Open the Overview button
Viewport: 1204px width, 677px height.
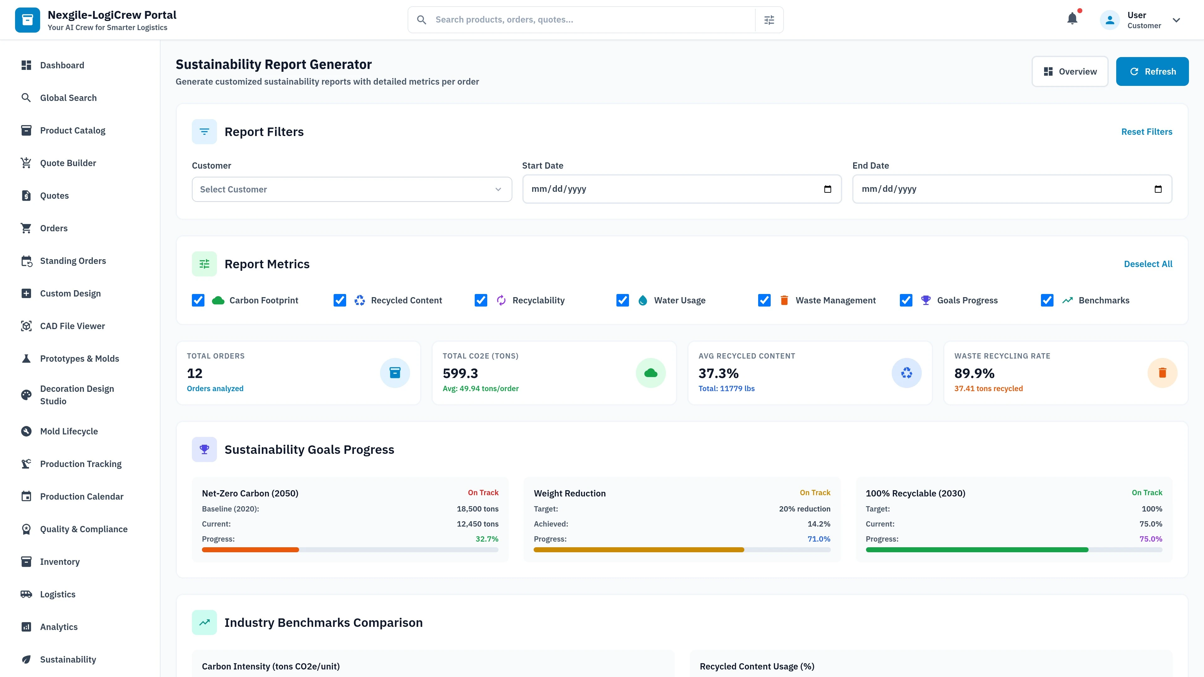(x=1069, y=71)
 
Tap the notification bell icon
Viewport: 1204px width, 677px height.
(x=1072, y=19)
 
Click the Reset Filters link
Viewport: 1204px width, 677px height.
(x=1147, y=132)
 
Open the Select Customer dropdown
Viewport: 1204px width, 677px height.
(x=351, y=189)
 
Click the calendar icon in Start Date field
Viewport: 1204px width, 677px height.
(x=827, y=189)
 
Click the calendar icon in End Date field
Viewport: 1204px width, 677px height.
(x=1158, y=189)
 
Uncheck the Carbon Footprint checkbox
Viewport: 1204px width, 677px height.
(x=198, y=301)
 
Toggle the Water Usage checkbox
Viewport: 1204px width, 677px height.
(x=623, y=301)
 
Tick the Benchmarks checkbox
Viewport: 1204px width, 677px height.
(x=1047, y=301)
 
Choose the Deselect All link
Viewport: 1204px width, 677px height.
(x=1148, y=264)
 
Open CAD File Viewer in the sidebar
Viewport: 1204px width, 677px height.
(x=72, y=326)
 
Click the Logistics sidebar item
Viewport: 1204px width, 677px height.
(x=57, y=594)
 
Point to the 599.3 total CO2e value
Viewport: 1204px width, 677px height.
(x=460, y=373)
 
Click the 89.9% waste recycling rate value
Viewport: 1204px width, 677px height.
(x=974, y=373)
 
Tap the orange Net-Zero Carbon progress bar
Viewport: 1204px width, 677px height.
(x=251, y=550)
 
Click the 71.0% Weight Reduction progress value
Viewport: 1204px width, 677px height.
(x=819, y=539)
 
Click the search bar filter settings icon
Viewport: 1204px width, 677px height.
(x=769, y=20)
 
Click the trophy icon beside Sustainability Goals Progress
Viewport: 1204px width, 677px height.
(x=204, y=449)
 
